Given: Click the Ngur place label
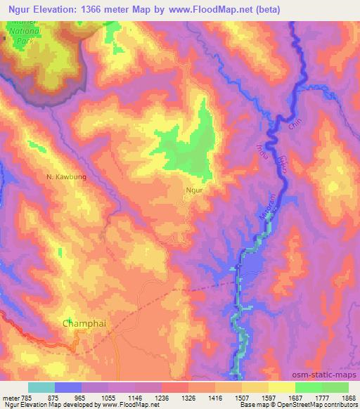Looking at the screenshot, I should [x=194, y=190].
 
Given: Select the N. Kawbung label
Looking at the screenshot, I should [x=67, y=177].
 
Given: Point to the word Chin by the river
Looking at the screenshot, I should [x=294, y=127].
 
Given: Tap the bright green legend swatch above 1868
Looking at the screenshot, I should [x=335, y=387].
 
